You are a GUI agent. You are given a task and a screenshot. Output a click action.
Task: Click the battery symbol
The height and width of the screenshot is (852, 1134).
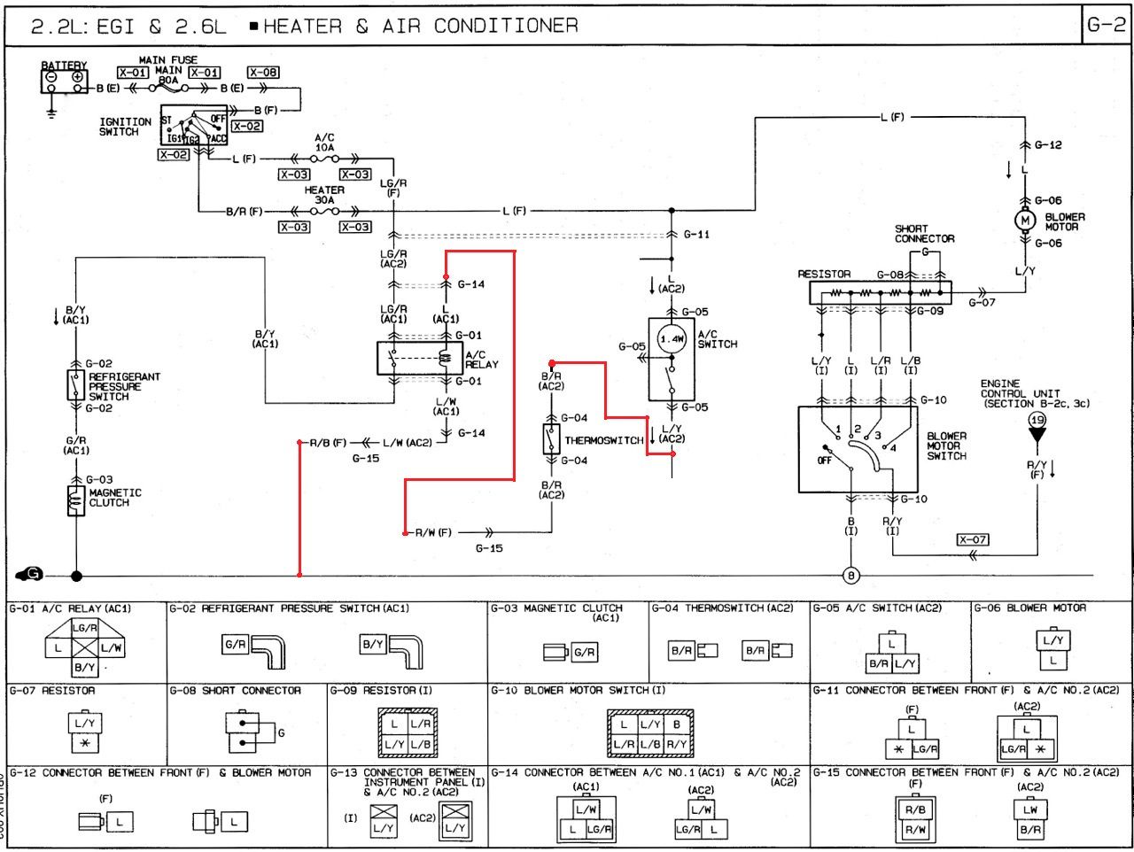pyautogui.click(x=65, y=81)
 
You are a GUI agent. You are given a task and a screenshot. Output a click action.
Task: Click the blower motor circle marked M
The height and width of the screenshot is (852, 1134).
pyautogui.click(x=1025, y=221)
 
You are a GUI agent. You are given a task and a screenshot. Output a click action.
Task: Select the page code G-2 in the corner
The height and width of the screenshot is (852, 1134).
pyautogui.click(x=1106, y=25)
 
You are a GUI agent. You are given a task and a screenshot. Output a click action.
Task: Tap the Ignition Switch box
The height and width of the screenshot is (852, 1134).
pyautogui.click(x=194, y=126)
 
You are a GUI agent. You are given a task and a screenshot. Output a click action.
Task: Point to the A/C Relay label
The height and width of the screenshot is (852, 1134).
pyautogui.click(x=482, y=360)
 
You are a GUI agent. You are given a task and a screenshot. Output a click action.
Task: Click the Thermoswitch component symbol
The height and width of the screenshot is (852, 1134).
pyautogui.click(x=551, y=438)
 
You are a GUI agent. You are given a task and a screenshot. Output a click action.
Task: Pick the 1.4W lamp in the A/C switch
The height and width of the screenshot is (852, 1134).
pyautogui.click(x=672, y=339)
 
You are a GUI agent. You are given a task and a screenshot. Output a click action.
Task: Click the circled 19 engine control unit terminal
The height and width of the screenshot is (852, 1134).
pyautogui.click(x=1037, y=420)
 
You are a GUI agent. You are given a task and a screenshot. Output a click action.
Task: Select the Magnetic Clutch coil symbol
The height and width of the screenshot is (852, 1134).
pyautogui.click(x=76, y=500)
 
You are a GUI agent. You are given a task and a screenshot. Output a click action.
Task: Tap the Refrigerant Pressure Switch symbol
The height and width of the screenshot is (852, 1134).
pyautogui.click(x=76, y=385)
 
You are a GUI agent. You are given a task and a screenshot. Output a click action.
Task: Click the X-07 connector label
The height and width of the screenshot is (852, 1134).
pyautogui.click(x=972, y=539)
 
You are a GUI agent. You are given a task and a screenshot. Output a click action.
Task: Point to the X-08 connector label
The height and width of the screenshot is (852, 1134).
pyautogui.click(x=263, y=73)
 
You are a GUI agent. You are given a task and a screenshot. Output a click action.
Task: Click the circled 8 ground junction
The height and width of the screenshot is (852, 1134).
pyautogui.click(x=851, y=577)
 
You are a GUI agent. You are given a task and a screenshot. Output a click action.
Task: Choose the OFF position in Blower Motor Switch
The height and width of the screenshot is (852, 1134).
pyautogui.click(x=824, y=461)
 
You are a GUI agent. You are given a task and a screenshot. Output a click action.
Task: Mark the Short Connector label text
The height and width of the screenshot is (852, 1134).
pyautogui.click(x=924, y=234)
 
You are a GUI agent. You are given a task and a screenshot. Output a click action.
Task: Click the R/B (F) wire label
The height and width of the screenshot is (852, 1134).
pyautogui.click(x=328, y=442)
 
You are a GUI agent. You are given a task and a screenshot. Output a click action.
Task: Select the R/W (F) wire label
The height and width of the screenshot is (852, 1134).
pyautogui.click(x=433, y=532)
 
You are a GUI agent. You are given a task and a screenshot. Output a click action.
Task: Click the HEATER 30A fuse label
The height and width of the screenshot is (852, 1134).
pyautogui.click(x=324, y=195)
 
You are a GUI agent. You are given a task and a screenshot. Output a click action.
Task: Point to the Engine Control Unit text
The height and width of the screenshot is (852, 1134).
pyautogui.click(x=1021, y=393)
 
